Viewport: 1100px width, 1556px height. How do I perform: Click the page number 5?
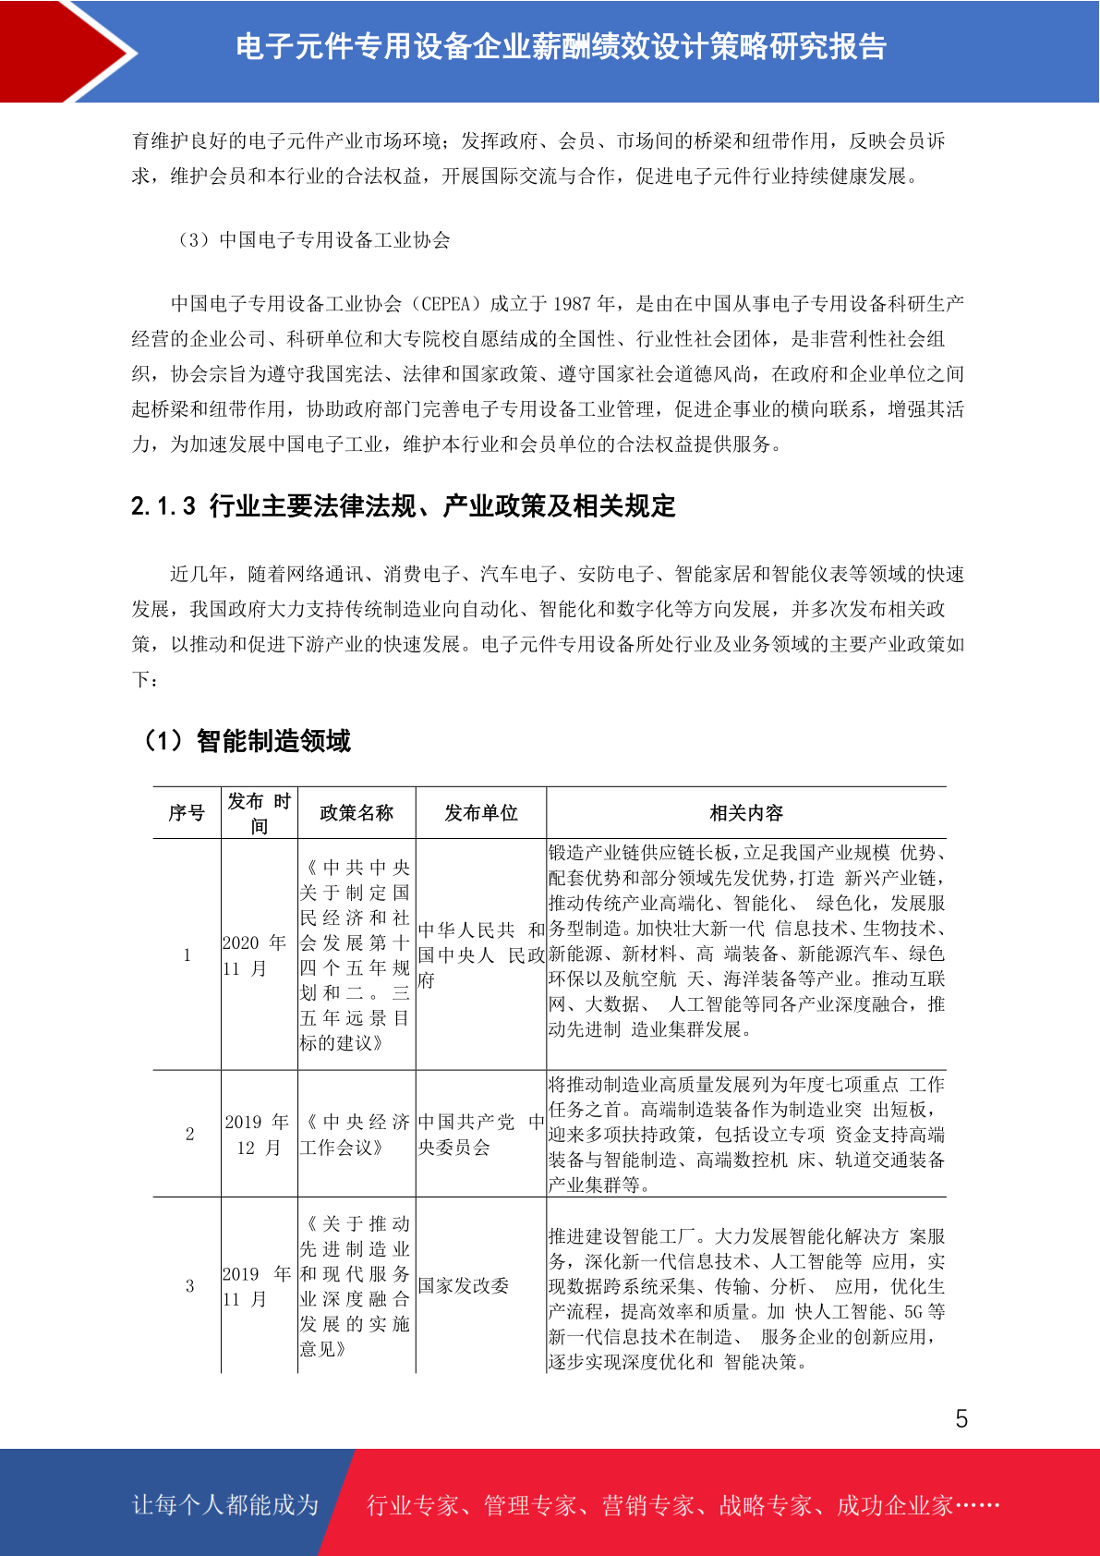point(961,1419)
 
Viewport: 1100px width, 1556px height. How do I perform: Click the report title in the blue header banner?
point(561,46)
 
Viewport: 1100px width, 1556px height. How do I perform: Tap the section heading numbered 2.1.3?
point(404,506)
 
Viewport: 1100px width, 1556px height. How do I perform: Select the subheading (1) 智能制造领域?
point(245,741)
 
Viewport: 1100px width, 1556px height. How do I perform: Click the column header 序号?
point(187,813)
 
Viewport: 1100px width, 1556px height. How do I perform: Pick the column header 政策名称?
point(357,813)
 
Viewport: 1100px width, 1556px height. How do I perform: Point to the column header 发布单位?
point(480,813)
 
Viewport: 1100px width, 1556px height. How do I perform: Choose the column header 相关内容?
point(746,813)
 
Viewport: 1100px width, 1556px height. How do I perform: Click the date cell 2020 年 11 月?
point(255,955)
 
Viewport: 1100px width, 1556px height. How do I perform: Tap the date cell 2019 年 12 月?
point(258,1135)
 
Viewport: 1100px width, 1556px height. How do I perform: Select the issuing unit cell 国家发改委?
point(464,1286)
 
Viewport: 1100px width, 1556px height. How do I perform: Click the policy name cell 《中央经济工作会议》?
point(355,1135)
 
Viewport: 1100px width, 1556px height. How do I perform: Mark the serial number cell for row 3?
point(189,1286)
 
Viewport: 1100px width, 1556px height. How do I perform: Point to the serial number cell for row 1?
point(187,955)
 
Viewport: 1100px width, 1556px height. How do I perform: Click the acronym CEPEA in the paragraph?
point(451,304)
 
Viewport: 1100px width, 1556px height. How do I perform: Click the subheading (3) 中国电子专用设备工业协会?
point(313,240)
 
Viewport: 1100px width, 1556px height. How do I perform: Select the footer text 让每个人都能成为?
point(225,1504)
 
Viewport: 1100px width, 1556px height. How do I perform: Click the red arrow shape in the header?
point(65,51)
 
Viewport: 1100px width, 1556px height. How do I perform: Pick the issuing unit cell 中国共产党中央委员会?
point(480,1135)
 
